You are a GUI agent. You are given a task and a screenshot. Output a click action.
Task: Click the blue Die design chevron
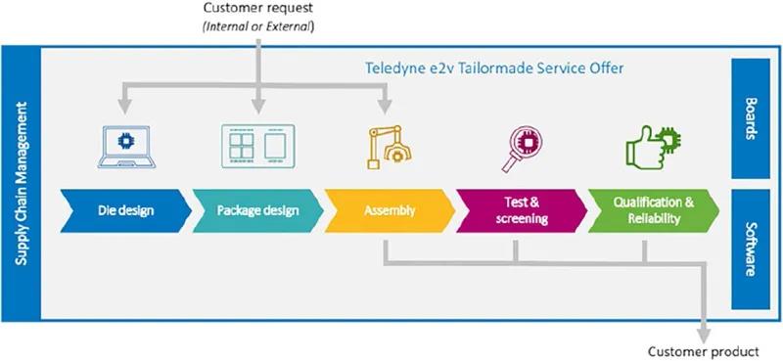126,210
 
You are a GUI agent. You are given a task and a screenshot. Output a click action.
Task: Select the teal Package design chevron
257,210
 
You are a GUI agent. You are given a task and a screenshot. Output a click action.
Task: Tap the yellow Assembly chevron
390,210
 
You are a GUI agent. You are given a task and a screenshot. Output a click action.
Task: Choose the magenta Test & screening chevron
522,210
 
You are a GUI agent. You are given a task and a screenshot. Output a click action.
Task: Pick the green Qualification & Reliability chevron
653,210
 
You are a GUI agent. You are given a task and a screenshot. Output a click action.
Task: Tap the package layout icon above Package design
257,147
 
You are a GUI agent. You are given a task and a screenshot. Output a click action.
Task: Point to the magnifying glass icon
522,149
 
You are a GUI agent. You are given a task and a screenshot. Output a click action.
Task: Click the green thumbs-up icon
653,148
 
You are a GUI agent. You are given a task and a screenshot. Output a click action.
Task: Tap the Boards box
751,118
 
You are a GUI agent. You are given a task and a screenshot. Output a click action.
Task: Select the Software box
751,249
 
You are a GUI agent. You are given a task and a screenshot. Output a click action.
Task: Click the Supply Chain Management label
21,184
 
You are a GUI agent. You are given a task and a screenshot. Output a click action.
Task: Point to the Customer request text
257,9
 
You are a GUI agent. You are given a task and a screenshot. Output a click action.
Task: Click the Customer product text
703,351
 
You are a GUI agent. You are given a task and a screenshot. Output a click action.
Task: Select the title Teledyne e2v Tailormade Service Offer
494,68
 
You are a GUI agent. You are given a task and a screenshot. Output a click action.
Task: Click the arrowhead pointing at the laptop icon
125,107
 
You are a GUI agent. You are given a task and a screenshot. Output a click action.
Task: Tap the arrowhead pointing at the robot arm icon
385,107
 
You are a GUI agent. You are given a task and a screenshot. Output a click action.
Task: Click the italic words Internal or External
257,27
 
